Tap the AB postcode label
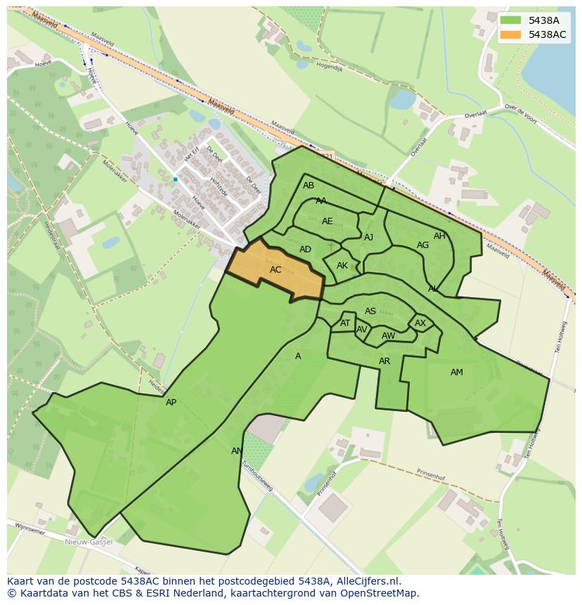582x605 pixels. click(309, 186)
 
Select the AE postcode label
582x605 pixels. click(328, 221)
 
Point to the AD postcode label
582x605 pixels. click(305, 249)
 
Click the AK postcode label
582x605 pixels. click(342, 266)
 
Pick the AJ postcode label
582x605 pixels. click(368, 238)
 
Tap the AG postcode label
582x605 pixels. click(422, 245)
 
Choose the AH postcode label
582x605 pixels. click(439, 236)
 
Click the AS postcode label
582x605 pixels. click(370, 311)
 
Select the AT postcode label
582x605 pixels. click(345, 323)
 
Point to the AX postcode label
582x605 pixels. click(420, 323)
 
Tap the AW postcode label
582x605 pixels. click(388, 336)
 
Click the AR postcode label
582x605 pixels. click(384, 361)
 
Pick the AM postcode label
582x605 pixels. click(457, 372)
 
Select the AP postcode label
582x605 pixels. click(171, 403)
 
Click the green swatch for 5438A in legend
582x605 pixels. click(511, 20)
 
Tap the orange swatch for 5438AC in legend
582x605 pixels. click(511, 34)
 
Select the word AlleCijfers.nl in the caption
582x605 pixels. click(366, 581)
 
